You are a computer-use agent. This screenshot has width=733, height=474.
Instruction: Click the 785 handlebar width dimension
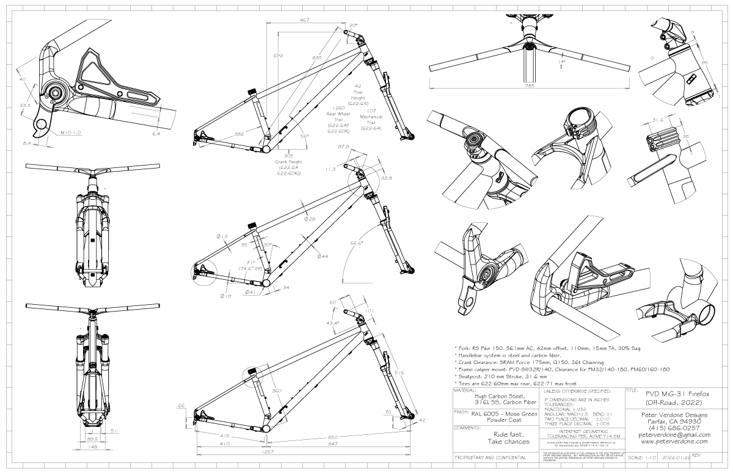pos(529,86)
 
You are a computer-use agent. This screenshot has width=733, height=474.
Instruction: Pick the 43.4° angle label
pos(332,323)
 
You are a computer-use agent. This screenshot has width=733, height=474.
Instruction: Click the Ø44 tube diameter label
pos(323,256)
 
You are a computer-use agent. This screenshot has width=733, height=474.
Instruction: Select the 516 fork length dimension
pos(400,372)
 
